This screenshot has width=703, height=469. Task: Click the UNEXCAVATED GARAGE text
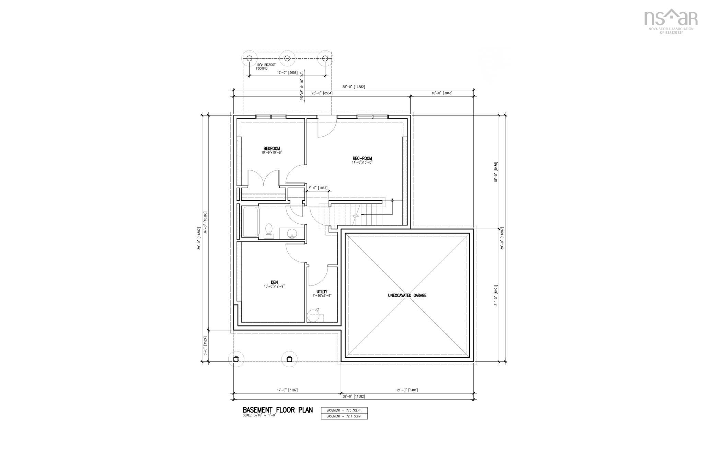coord(407,295)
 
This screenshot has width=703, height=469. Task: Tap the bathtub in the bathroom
coord(250,221)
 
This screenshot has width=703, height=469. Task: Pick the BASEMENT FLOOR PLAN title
coord(277,410)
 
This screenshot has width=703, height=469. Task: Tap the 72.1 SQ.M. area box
coord(344,416)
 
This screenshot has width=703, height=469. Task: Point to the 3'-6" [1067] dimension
coord(318,188)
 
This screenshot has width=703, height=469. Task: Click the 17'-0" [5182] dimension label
coord(287,390)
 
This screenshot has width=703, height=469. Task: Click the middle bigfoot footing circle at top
coord(287,58)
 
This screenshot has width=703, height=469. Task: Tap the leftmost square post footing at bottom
coord(236,359)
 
